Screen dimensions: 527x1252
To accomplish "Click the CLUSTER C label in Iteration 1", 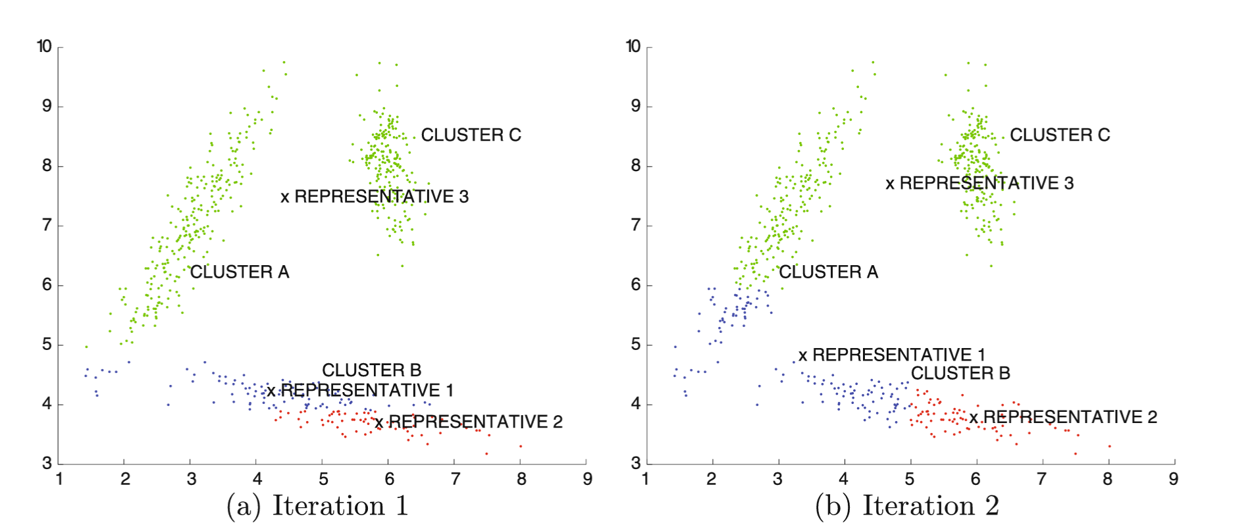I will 471,135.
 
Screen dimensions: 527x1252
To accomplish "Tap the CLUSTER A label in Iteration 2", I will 828,272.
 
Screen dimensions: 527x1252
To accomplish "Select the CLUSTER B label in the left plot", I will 371,370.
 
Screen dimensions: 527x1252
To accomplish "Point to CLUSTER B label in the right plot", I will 960,373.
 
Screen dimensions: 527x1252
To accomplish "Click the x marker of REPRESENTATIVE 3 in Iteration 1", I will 285,197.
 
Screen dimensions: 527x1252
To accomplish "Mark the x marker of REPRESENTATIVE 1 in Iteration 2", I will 802,356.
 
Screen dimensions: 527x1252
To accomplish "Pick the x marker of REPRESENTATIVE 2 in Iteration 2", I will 974,418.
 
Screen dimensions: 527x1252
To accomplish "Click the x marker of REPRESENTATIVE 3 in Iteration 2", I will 890,184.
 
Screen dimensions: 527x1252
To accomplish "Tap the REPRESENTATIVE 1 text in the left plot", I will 367,390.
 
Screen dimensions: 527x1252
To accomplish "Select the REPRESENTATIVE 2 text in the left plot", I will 475,422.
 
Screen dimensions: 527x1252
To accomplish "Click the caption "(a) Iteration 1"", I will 317,506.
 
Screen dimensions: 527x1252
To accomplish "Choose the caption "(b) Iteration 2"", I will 906,506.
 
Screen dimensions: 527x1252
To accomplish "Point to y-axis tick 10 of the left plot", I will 44,46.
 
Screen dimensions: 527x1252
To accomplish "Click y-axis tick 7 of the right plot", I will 635,226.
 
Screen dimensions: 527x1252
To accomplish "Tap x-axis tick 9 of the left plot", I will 587,479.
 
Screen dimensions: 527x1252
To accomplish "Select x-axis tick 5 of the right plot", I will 910,479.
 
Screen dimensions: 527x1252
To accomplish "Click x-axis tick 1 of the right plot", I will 646,479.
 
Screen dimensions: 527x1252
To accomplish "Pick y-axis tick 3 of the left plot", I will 47,463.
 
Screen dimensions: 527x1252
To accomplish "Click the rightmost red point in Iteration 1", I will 521,447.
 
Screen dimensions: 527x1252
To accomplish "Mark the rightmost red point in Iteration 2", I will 1109,447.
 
